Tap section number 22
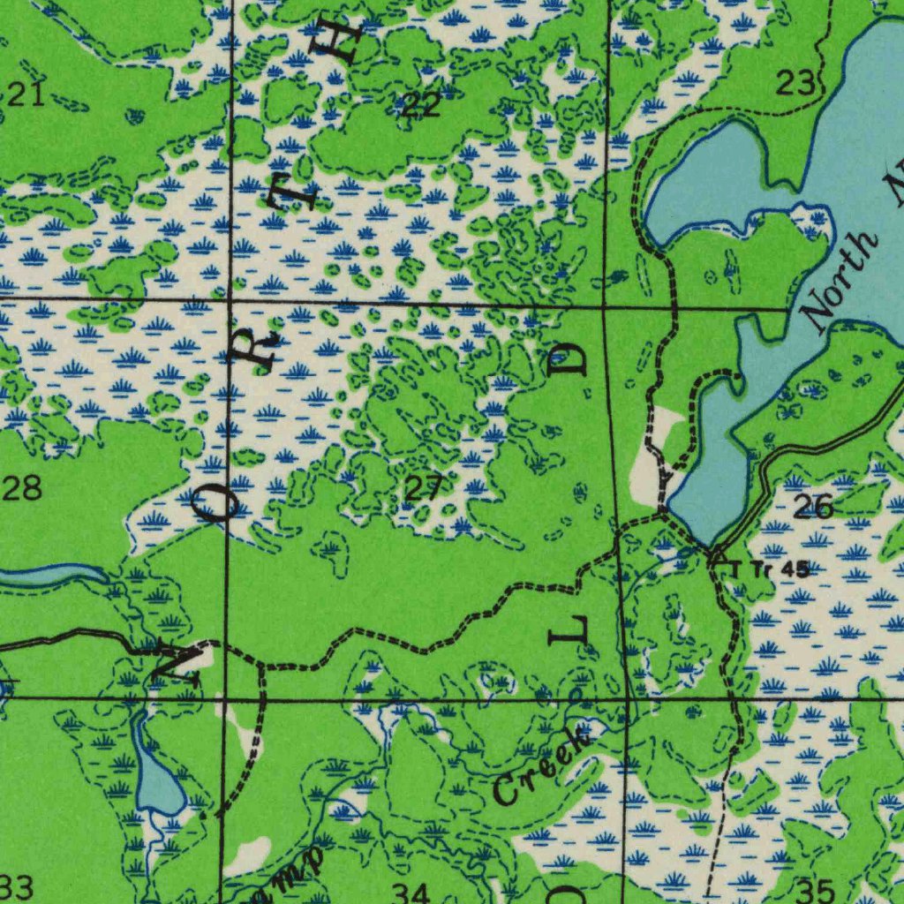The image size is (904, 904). (x=421, y=106)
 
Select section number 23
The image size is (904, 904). (x=795, y=84)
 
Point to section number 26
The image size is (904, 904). (x=812, y=507)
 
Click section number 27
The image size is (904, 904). (x=423, y=487)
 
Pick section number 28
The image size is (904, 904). (x=21, y=487)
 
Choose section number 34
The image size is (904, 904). (x=411, y=892)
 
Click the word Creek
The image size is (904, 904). (x=540, y=765)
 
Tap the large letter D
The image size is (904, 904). (x=572, y=359)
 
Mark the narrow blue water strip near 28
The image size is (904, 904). (x=49, y=576)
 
